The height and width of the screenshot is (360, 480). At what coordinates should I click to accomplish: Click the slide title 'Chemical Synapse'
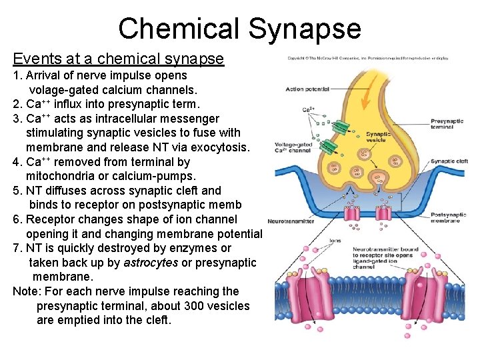[239, 29]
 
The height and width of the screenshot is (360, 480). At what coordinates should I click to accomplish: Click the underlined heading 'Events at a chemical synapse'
[118, 59]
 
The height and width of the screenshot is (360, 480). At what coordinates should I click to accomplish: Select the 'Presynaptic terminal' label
[447, 124]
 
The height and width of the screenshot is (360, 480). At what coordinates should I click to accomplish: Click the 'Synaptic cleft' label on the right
[449, 161]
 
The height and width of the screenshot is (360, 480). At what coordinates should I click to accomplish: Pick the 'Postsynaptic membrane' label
[448, 217]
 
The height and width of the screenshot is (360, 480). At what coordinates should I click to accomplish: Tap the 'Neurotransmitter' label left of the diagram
[291, 221]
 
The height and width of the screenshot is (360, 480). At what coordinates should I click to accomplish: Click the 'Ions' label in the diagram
[336, 241]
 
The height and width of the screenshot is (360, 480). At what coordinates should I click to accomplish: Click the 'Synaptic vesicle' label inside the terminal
[378, 136]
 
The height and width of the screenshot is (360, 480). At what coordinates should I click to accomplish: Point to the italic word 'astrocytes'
[151, 263]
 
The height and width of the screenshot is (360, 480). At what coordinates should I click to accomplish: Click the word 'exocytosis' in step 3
[218, 147]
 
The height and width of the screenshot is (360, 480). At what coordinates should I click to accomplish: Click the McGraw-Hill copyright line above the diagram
[368, 59]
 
